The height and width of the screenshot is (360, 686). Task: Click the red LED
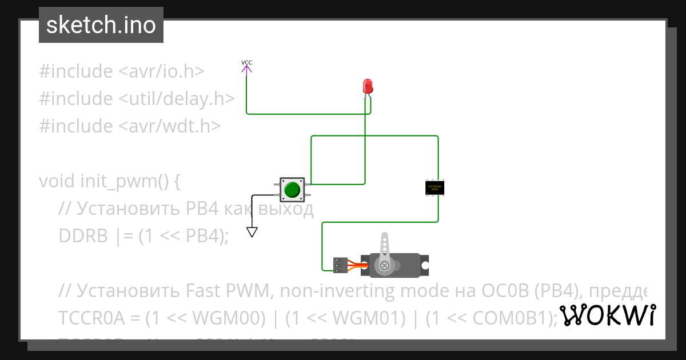click(x=368, y=86)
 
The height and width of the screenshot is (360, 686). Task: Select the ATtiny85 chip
click(x=434, y=187)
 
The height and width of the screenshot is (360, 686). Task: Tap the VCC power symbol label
click(x=246, y=63)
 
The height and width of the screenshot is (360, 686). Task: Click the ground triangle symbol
click(x=252, y=232)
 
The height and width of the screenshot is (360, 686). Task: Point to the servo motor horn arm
click(x=385, y=246)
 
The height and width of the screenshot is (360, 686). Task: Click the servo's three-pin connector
click(x=341, y=265)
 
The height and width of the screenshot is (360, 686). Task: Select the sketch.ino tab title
click(x=101, y=25)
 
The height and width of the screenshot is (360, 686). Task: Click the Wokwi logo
click(x=607, y=315)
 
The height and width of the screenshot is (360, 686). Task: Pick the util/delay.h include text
click(x=177, y=99)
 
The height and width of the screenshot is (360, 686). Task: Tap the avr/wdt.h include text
click(x=169, y=126)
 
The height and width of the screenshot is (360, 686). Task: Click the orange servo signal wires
click(x=358, y=265)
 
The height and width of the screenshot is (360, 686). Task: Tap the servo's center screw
click(x=385, y=265)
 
